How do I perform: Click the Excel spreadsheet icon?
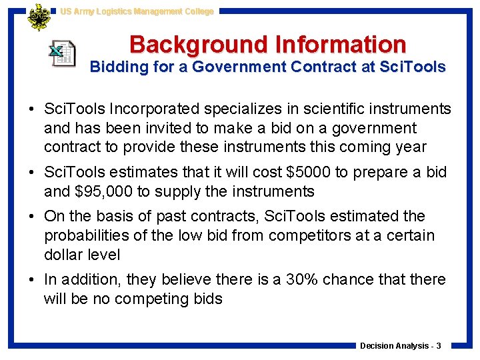62,53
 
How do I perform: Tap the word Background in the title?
195,45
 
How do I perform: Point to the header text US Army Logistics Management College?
137,11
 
